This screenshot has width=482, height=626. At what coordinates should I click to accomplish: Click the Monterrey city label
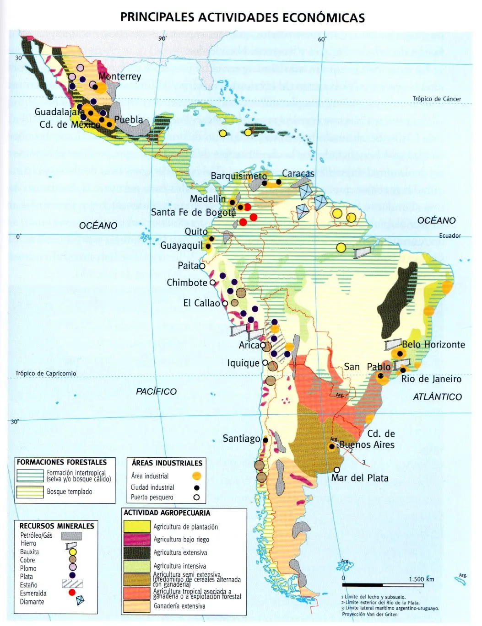pos(119,76)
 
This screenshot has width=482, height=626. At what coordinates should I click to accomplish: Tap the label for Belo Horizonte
pos(433,345)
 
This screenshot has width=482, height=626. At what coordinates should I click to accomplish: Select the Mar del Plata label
pos(360,478)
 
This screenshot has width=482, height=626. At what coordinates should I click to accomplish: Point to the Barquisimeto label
pos(238,176)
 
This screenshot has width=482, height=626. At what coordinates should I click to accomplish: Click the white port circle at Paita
pos(202,265)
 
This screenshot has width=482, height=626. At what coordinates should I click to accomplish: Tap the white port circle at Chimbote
pos(212,283)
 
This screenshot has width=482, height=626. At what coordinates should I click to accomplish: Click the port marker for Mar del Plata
pos(337,470)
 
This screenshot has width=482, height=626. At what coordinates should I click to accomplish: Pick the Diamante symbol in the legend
pos(80,600)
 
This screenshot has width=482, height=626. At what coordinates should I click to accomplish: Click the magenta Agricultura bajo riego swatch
pos(137,540)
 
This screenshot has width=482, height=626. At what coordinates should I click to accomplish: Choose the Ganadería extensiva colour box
pos(137,606)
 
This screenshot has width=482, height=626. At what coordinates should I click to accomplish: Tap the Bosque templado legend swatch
pos(31,492)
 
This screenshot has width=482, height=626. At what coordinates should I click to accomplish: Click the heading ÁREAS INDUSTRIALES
pos(167,463)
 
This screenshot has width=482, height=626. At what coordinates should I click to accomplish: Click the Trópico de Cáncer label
pos(436,99)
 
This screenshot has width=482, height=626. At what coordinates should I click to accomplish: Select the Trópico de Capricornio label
pos(46,374)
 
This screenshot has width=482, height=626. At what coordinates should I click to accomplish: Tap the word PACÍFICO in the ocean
pos(156,391)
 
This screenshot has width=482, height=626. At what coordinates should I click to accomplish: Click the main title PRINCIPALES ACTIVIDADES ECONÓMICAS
pos(242,17)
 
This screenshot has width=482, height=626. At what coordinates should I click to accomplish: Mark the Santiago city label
pos(241,439)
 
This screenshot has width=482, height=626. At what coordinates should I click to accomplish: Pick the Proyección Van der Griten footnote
pos(369,614)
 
